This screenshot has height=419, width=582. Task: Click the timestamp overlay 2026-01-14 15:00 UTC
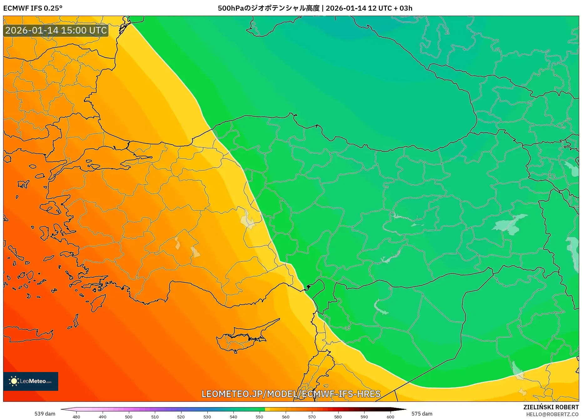[56, 30]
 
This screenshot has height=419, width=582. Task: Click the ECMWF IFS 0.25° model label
[33, 8]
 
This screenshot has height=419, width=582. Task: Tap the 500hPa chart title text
[315, 8]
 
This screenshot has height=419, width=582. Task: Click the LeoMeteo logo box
[31, 381]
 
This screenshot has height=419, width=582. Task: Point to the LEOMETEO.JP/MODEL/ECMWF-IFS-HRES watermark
[291, 394]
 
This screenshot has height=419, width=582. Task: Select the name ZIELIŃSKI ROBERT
[551, 407]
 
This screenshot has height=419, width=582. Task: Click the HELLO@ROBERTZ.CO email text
[552, 414]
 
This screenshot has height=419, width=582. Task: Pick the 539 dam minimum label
[45, 414]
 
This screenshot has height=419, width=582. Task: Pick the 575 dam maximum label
[422, 414]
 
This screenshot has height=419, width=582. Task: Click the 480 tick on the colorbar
[76, 417]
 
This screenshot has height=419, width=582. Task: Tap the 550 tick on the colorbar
[259, 417]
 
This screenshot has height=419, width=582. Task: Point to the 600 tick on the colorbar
[390, 417]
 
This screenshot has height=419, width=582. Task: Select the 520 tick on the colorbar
[181, 417]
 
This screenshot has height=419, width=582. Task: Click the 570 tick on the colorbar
[312, 417]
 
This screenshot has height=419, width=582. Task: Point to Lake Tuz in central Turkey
[247, 219]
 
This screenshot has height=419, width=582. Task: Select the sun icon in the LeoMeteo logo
[14, 381]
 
